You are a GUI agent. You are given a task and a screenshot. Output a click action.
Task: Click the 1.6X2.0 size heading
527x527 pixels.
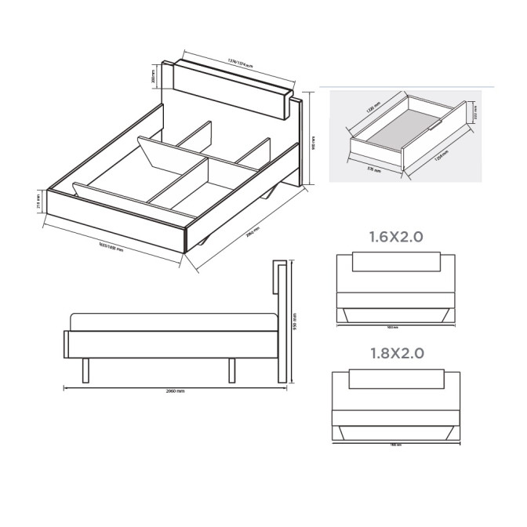point(397,236)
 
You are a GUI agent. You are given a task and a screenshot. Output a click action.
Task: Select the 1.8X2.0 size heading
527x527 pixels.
point(397,353)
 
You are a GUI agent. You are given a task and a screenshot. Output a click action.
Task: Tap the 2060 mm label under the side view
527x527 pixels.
point(175,390)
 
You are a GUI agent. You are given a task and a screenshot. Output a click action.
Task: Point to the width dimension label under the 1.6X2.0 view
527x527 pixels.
point(394,327)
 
